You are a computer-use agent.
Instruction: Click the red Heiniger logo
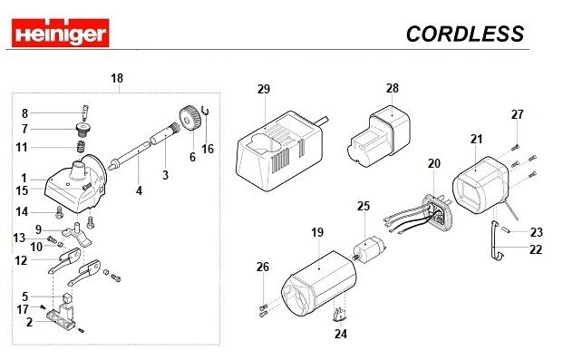tap(61, 33)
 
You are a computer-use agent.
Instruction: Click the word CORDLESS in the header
tap(465, 34)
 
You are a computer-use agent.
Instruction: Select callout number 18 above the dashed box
tap(117, 78)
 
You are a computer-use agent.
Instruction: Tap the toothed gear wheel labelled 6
tap(189, 119)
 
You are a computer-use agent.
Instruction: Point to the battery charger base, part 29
tap(279, 151)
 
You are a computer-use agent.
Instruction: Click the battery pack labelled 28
tap(379, 136)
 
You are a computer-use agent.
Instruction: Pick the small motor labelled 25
tap(370, 248)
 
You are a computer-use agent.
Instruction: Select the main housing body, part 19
tap(319, 284)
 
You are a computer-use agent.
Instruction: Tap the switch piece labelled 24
tap(340, 315)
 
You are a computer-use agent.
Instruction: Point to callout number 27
tap(518, 114)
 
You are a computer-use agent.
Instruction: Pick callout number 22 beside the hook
tap(536, 249)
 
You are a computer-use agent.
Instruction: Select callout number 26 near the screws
tap(263, 267)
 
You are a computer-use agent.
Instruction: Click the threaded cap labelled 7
tap(83, 130)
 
